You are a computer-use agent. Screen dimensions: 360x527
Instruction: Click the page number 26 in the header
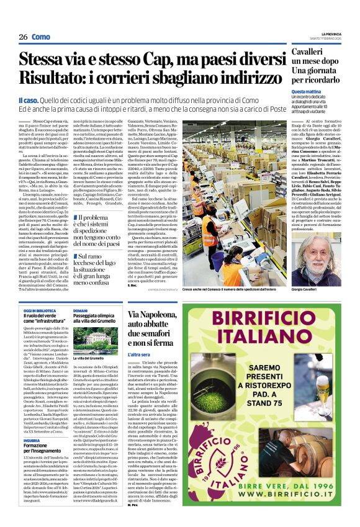click(x=22, y=37)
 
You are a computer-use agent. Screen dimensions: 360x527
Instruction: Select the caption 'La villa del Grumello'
click(x=89, y=359)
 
